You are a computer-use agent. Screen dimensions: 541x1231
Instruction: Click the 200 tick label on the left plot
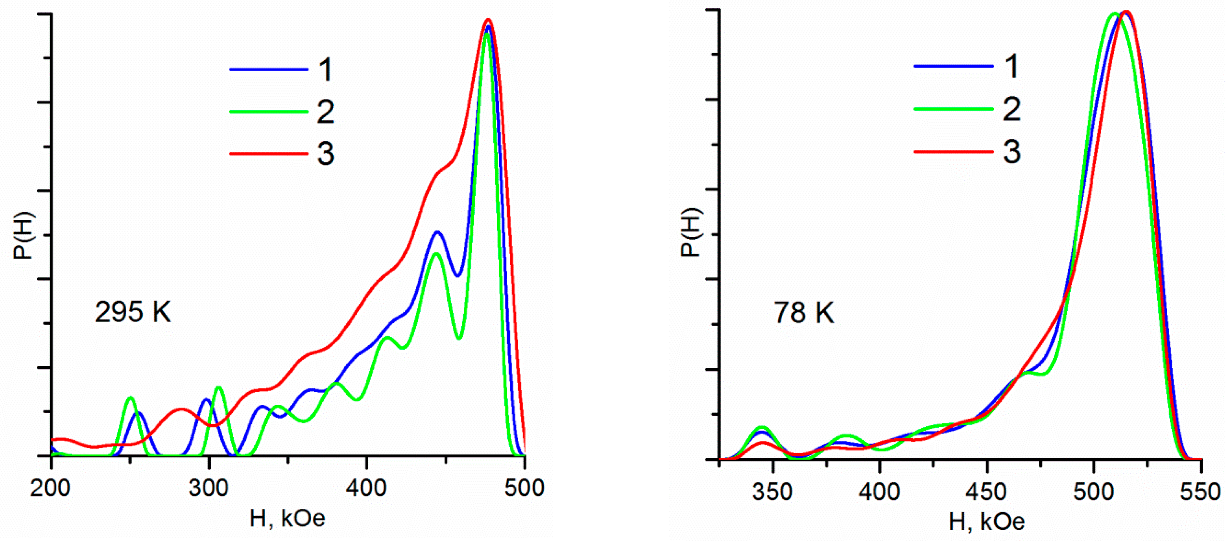(x=50, y=488)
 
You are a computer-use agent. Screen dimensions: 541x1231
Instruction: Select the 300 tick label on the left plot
(x=209, y=488)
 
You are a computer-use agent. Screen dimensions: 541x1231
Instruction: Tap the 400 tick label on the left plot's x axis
(x=367, y=488)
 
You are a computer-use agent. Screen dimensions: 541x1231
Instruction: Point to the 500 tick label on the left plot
(x=524, y=488)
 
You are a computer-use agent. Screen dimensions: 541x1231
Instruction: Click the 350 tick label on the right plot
(x=772, y=492)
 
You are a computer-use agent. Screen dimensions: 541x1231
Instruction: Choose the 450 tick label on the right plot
(x=986, y=492)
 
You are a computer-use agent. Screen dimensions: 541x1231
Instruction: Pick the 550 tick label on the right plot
(x=1200, y=492)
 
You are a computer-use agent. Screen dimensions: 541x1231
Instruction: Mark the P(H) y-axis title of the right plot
(x=690, y=233)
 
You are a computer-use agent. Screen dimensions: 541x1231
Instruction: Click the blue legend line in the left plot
(x=269, y=70)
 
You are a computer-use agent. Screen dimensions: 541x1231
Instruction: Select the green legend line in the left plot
(x=269, y=112)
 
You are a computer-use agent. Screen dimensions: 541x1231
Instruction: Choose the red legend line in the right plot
(x=953, y=152)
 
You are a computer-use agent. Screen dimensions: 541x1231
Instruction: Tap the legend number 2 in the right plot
(x=1011, y=109)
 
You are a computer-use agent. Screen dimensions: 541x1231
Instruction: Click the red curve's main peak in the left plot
(x=488, y=20)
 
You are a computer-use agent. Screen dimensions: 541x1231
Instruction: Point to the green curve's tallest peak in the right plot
(x=1114, y=13)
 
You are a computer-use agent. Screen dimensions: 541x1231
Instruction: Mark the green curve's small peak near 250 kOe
(x=129, y=398)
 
